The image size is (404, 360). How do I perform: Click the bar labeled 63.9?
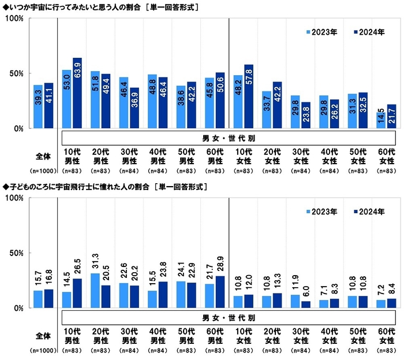[77, 93]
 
